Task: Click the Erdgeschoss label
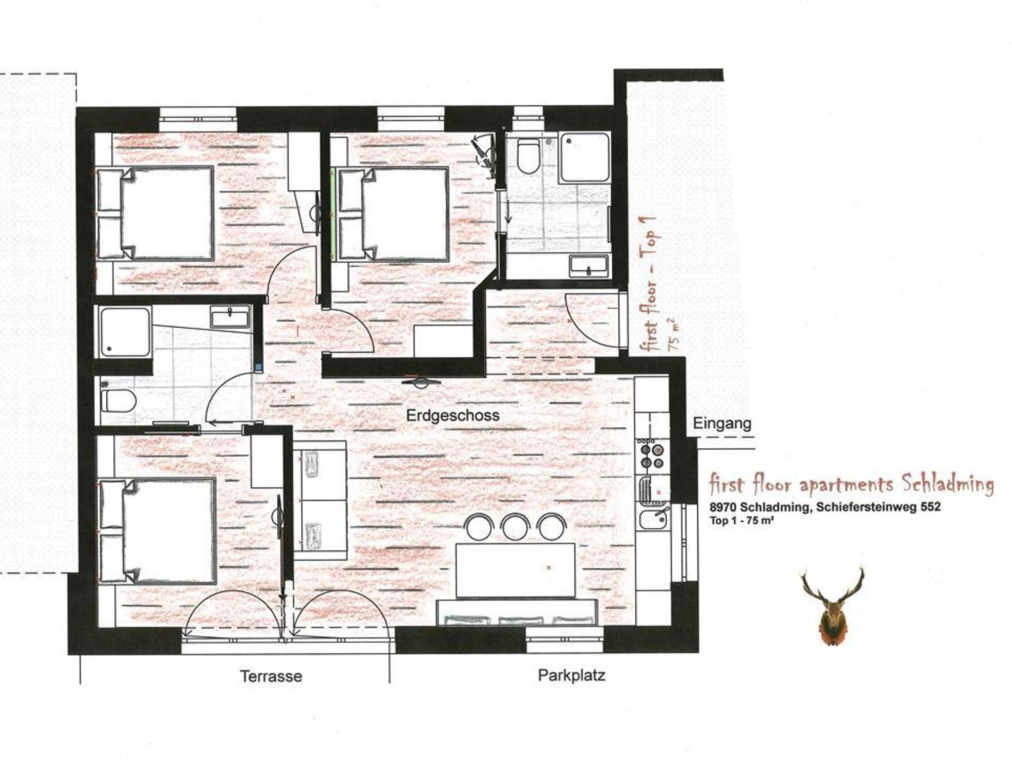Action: [x=453, y=415]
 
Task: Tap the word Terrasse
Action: [x=271, y=676]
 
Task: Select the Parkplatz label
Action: [x=571, y=675]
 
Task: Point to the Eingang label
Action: [x=722, y=423]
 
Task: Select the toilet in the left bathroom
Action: [x=118, y=400]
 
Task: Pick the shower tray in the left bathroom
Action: [x=125, y=332]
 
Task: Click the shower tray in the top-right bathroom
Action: [x=584, y=158]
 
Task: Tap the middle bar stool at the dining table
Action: [x=514, y=527]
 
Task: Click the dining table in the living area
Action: [x=515, y=571]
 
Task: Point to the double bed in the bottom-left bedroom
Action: [x=158, y=530]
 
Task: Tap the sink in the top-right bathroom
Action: [x=589, y=265]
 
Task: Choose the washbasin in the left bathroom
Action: [x=230, y=316]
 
